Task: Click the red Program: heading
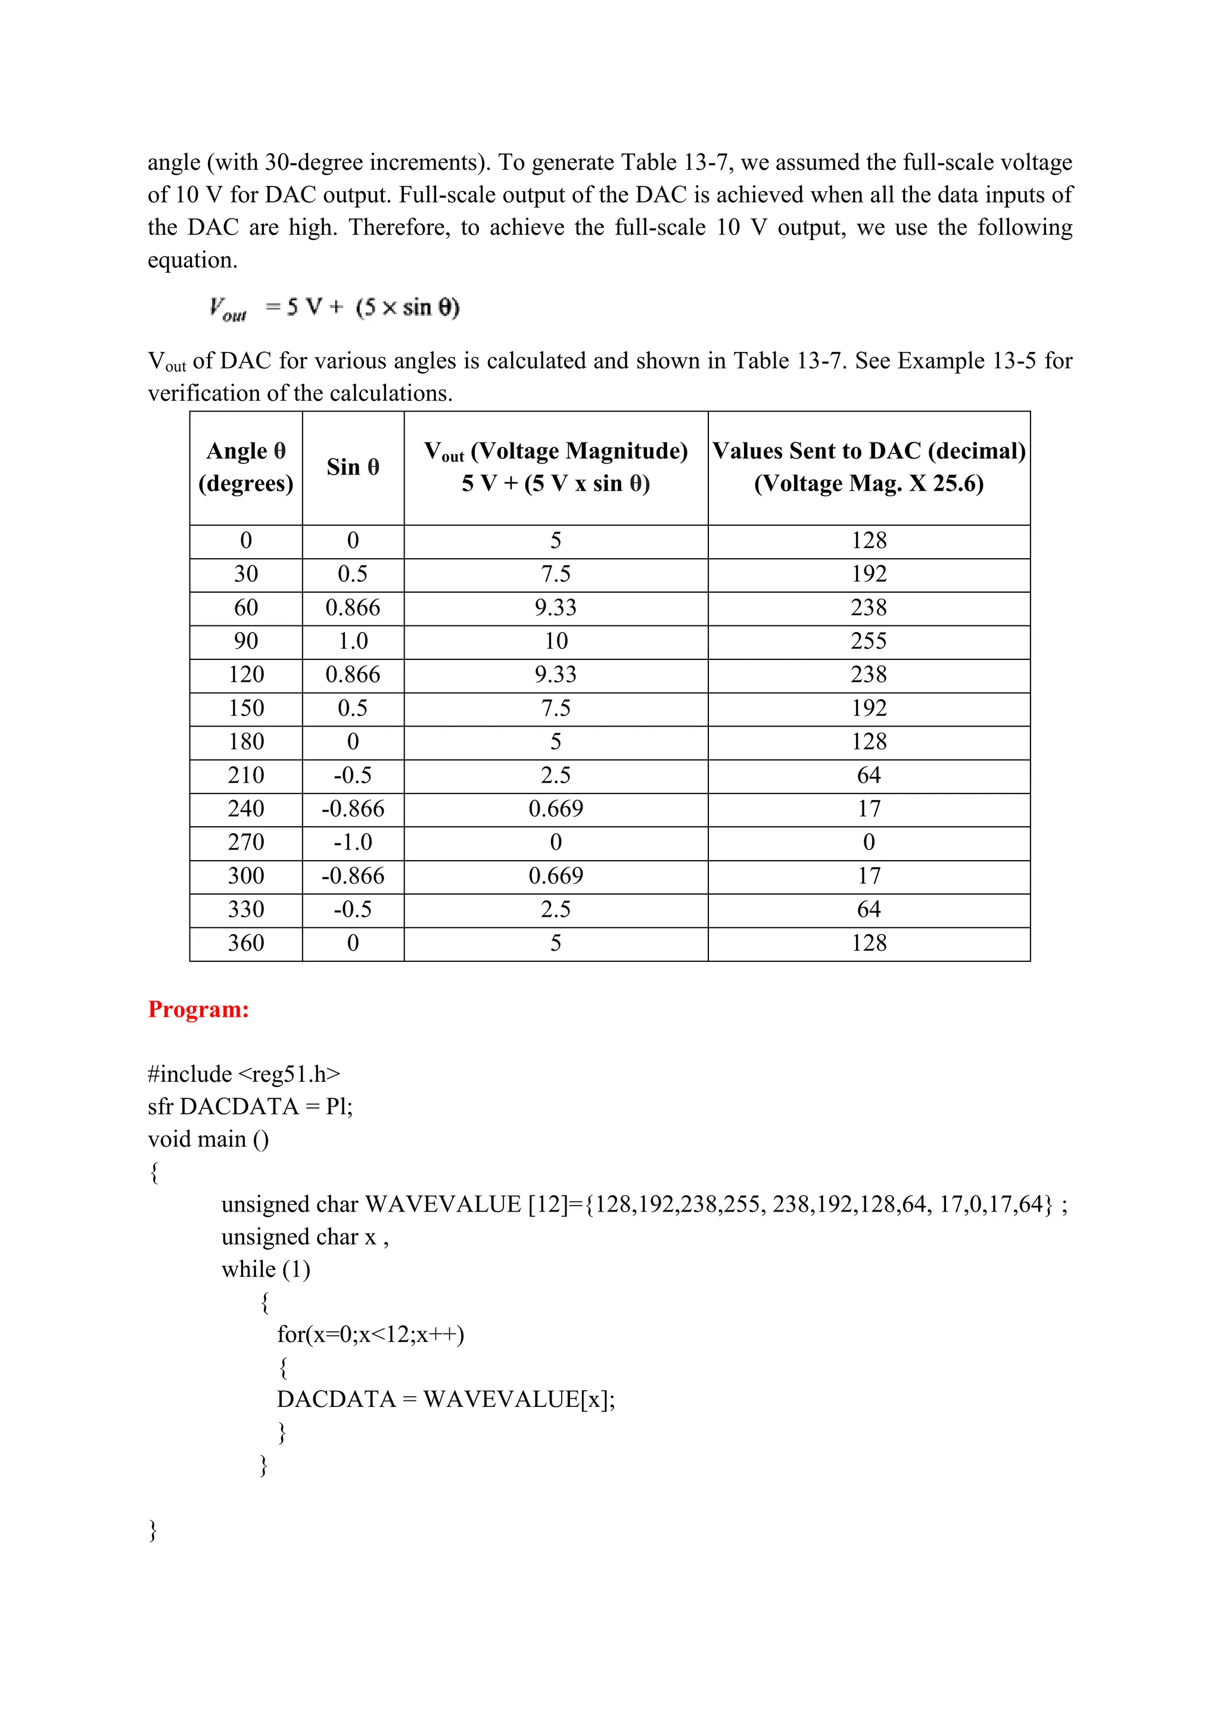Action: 198,1009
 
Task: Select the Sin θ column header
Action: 353,468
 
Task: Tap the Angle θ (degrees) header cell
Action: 245,468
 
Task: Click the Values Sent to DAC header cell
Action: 869,468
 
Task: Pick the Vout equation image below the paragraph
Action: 334,308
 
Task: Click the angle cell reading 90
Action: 245,641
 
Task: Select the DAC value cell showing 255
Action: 869,641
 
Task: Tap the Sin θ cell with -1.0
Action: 353,842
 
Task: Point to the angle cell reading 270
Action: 245,842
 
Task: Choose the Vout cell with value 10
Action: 556,641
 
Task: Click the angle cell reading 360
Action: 245,943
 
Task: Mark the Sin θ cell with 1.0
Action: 353,641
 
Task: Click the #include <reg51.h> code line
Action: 244,1075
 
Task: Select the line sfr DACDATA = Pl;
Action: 250,1107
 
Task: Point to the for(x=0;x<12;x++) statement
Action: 371,1334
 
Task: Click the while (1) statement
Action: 266,1270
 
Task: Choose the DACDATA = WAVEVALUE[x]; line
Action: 446,1399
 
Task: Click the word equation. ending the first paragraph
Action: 192,261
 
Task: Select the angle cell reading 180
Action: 245,742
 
